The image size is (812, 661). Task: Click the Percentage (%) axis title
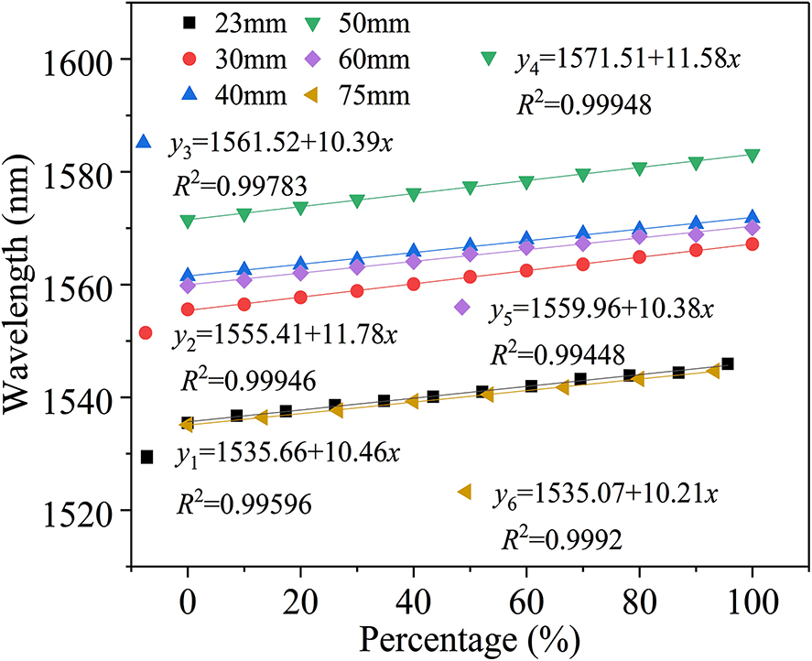point(470,638)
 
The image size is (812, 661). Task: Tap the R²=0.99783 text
point(239,187)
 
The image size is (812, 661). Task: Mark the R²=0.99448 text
point(558,352)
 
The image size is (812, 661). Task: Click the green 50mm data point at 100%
point(752,156)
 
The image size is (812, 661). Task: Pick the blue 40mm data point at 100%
point(752,218)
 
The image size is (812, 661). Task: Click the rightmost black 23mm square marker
point(728,363)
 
